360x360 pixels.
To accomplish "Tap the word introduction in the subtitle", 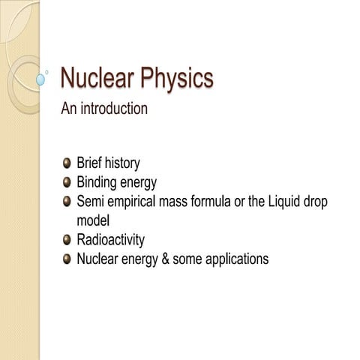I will coord(112,109).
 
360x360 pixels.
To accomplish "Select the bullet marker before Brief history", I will coord(67,162).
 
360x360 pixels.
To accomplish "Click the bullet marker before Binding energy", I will coord(67,181).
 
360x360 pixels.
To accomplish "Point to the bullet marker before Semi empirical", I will coord(67,201).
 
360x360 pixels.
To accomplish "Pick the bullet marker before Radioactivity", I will coord(67,240).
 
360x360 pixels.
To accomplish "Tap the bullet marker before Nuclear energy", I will coord(67,259).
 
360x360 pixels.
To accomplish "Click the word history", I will coord(121,163).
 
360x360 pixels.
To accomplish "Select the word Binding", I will coord(95,182).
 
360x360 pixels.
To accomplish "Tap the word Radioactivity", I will coord(111,241).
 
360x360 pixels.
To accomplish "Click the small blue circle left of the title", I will coord(40,78).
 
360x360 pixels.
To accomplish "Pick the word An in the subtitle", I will coord(68,109).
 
